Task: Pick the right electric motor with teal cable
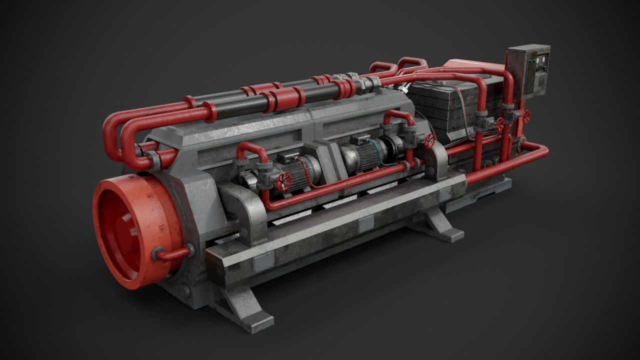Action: (367, 152)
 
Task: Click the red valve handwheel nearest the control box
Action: (526, 116)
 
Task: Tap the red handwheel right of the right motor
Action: (429, 140)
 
